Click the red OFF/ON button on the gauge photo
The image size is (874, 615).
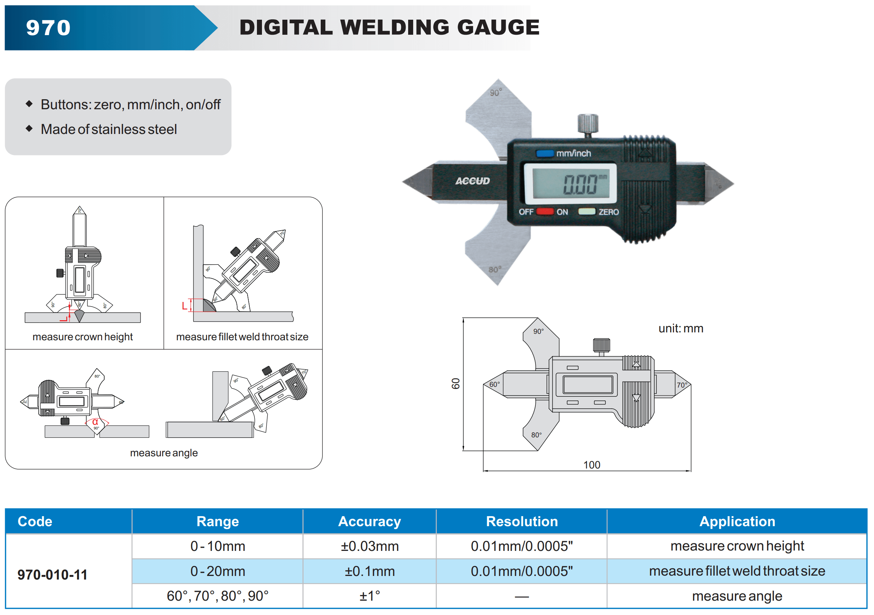point(545,212)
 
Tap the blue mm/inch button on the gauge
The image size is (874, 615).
point(544,154)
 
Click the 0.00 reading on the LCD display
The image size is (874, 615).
point(580,184)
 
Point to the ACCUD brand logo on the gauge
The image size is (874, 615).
point(472,181)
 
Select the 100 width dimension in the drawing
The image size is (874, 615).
point(592,465)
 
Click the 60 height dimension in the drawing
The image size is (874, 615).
point(456,384)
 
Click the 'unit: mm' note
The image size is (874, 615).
point(680,328)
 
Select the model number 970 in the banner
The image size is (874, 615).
point(48,28)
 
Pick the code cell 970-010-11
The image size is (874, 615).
point(53,574)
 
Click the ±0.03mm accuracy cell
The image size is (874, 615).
point(369,546)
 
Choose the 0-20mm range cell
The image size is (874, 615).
point(218,571)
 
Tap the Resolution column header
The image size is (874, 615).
point(521,522)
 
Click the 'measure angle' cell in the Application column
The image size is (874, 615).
point(737,596)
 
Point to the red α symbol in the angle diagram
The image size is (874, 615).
point(95,422)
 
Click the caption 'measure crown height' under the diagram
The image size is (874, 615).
point(83,337)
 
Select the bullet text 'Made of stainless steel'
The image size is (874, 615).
point(109,129)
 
